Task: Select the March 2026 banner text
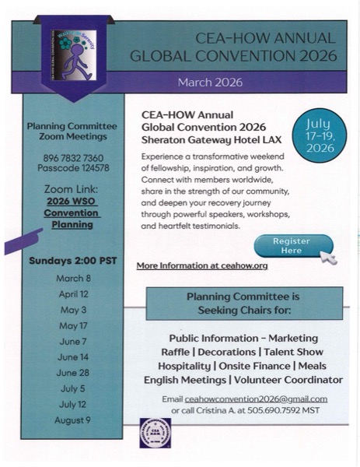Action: tap(210, 82)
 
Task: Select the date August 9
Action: tap(72, 420)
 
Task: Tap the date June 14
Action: tap(73, 356)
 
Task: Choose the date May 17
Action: tap(73, 325)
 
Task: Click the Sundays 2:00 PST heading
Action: tap(72, 260)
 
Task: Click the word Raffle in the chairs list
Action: tap(170, 352)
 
